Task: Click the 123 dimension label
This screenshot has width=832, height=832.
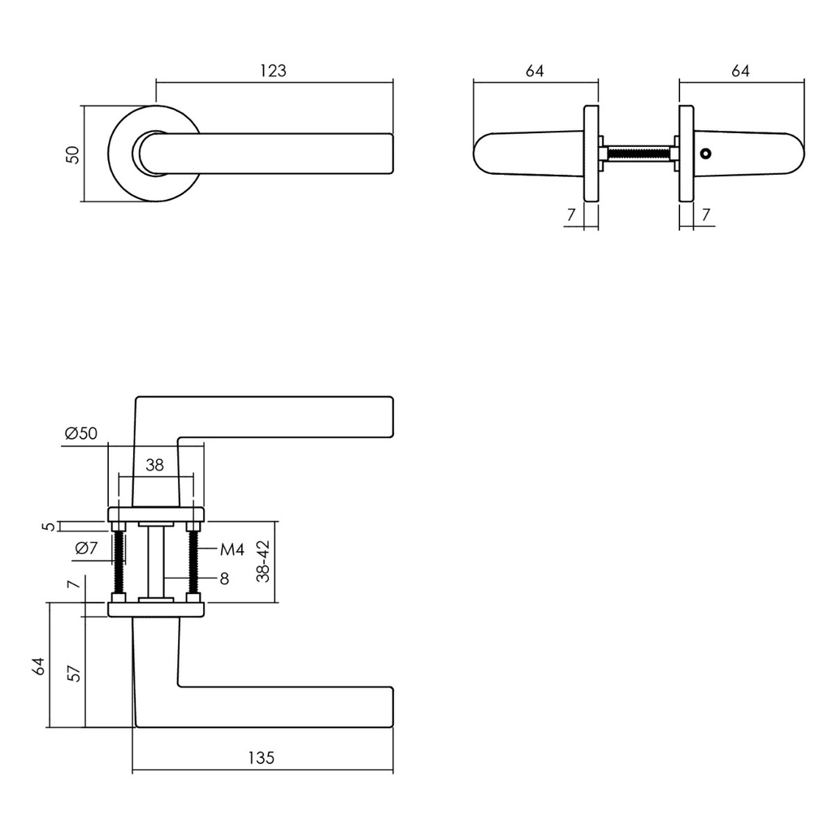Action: click(x=273, y=71)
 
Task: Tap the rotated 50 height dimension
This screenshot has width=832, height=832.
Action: click(x=73, y=154)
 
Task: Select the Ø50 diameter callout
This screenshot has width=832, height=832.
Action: click(x=80, y=433)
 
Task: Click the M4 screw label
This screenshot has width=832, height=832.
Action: click(x=232, y=550)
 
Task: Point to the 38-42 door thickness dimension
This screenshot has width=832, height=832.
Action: click(x=262, y=562)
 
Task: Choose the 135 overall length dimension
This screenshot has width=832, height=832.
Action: click(x=261, y=758)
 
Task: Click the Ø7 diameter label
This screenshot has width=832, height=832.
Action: click(x=86, y=548)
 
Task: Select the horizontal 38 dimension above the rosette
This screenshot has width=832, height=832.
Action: click(x=154, y=466)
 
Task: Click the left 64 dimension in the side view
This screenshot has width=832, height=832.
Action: click(x=534, y=71)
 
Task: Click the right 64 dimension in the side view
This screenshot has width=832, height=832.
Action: click(x=740, y=71)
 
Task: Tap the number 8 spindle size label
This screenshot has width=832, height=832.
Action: click(x=223, y=578)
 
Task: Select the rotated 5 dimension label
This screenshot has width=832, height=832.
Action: click(x=51, y=526)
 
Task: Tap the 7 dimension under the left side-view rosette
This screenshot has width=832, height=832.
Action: click(x=571, y=215)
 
